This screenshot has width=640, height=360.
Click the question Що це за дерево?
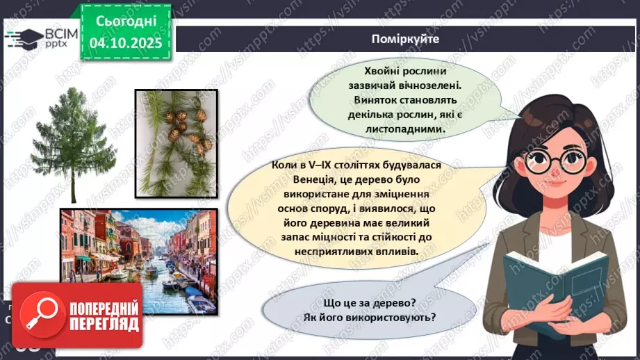pos(369,303)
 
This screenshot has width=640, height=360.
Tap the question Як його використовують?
pos(369,318)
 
